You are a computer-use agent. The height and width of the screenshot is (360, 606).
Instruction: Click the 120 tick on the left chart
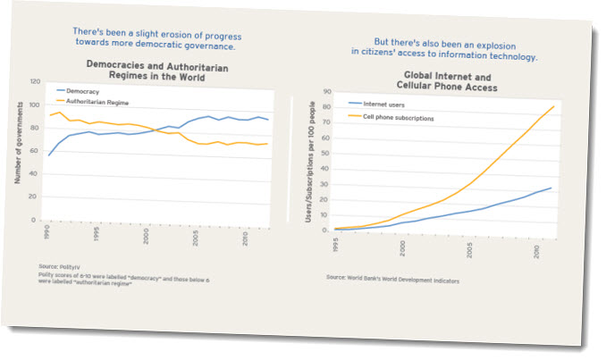click(35, 81)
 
